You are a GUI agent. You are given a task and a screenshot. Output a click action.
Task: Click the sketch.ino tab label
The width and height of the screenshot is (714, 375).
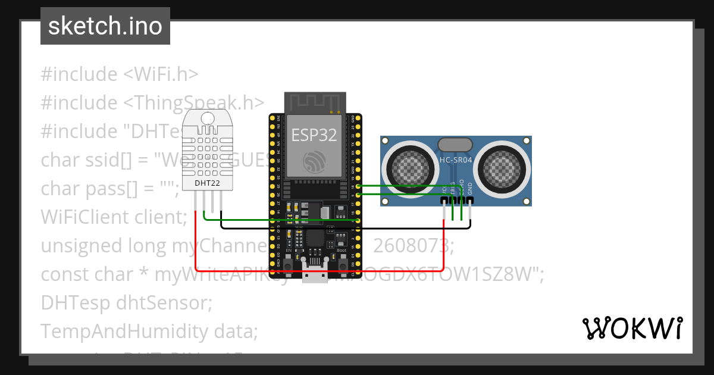pyautogui.click(x=105, y=26)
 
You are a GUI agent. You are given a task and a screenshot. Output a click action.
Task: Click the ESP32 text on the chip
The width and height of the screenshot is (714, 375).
pyautogui.click(x=314, y=135)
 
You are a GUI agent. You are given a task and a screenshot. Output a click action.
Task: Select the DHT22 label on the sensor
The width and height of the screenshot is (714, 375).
pyautogui.click(x=207, y=183)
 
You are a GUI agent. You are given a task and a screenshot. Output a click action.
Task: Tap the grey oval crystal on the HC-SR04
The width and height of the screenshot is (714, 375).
pyautogui.click(x=455, y=144)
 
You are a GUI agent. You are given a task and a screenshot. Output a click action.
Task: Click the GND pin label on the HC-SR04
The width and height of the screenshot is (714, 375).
pyautogui.click(x=470, y=188)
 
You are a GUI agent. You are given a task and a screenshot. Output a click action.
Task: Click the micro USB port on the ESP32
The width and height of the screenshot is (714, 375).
pyautogui.click(x=315, y=276)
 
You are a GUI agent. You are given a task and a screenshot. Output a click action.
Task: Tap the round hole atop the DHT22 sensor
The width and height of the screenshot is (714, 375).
pyautogui.click(x=208, y=118)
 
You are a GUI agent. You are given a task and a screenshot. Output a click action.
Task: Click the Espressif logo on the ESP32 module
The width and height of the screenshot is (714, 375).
pyautogui.click(x=314, y=161)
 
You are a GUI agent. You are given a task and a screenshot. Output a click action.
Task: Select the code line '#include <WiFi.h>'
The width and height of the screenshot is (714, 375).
pyautogui.click(x=119, y=74)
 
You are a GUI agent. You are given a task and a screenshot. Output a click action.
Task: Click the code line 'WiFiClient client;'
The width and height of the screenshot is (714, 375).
pyautogui.click(x=114, y=217)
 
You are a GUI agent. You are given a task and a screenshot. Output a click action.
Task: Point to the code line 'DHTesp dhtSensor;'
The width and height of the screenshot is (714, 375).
pyautogui.click(x=126, y=303)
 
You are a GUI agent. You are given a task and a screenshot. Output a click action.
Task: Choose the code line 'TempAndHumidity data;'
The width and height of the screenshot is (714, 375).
pyautogui.click(x=149, y=331)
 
